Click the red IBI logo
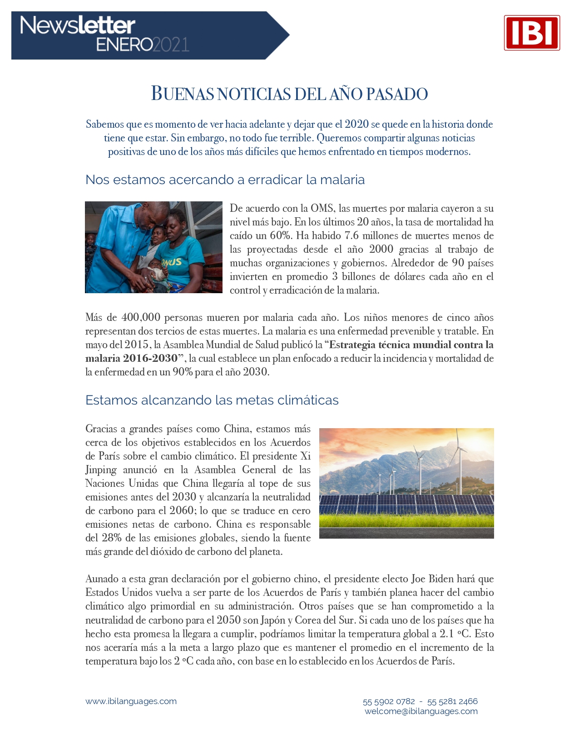point(532,33)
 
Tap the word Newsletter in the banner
point(78,25)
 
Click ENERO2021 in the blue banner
point(143,45)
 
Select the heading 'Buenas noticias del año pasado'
point(289,94)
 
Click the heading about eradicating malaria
point(225,180)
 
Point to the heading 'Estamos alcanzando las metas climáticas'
point(212,400)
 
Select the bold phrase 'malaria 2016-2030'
point(132,358)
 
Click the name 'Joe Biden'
point(432,579)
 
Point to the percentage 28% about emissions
point(112,538)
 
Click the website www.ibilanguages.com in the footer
point(131,701)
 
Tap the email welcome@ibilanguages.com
point(421,711)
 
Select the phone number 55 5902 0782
point(389,701)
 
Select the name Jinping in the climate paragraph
point(101,470)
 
